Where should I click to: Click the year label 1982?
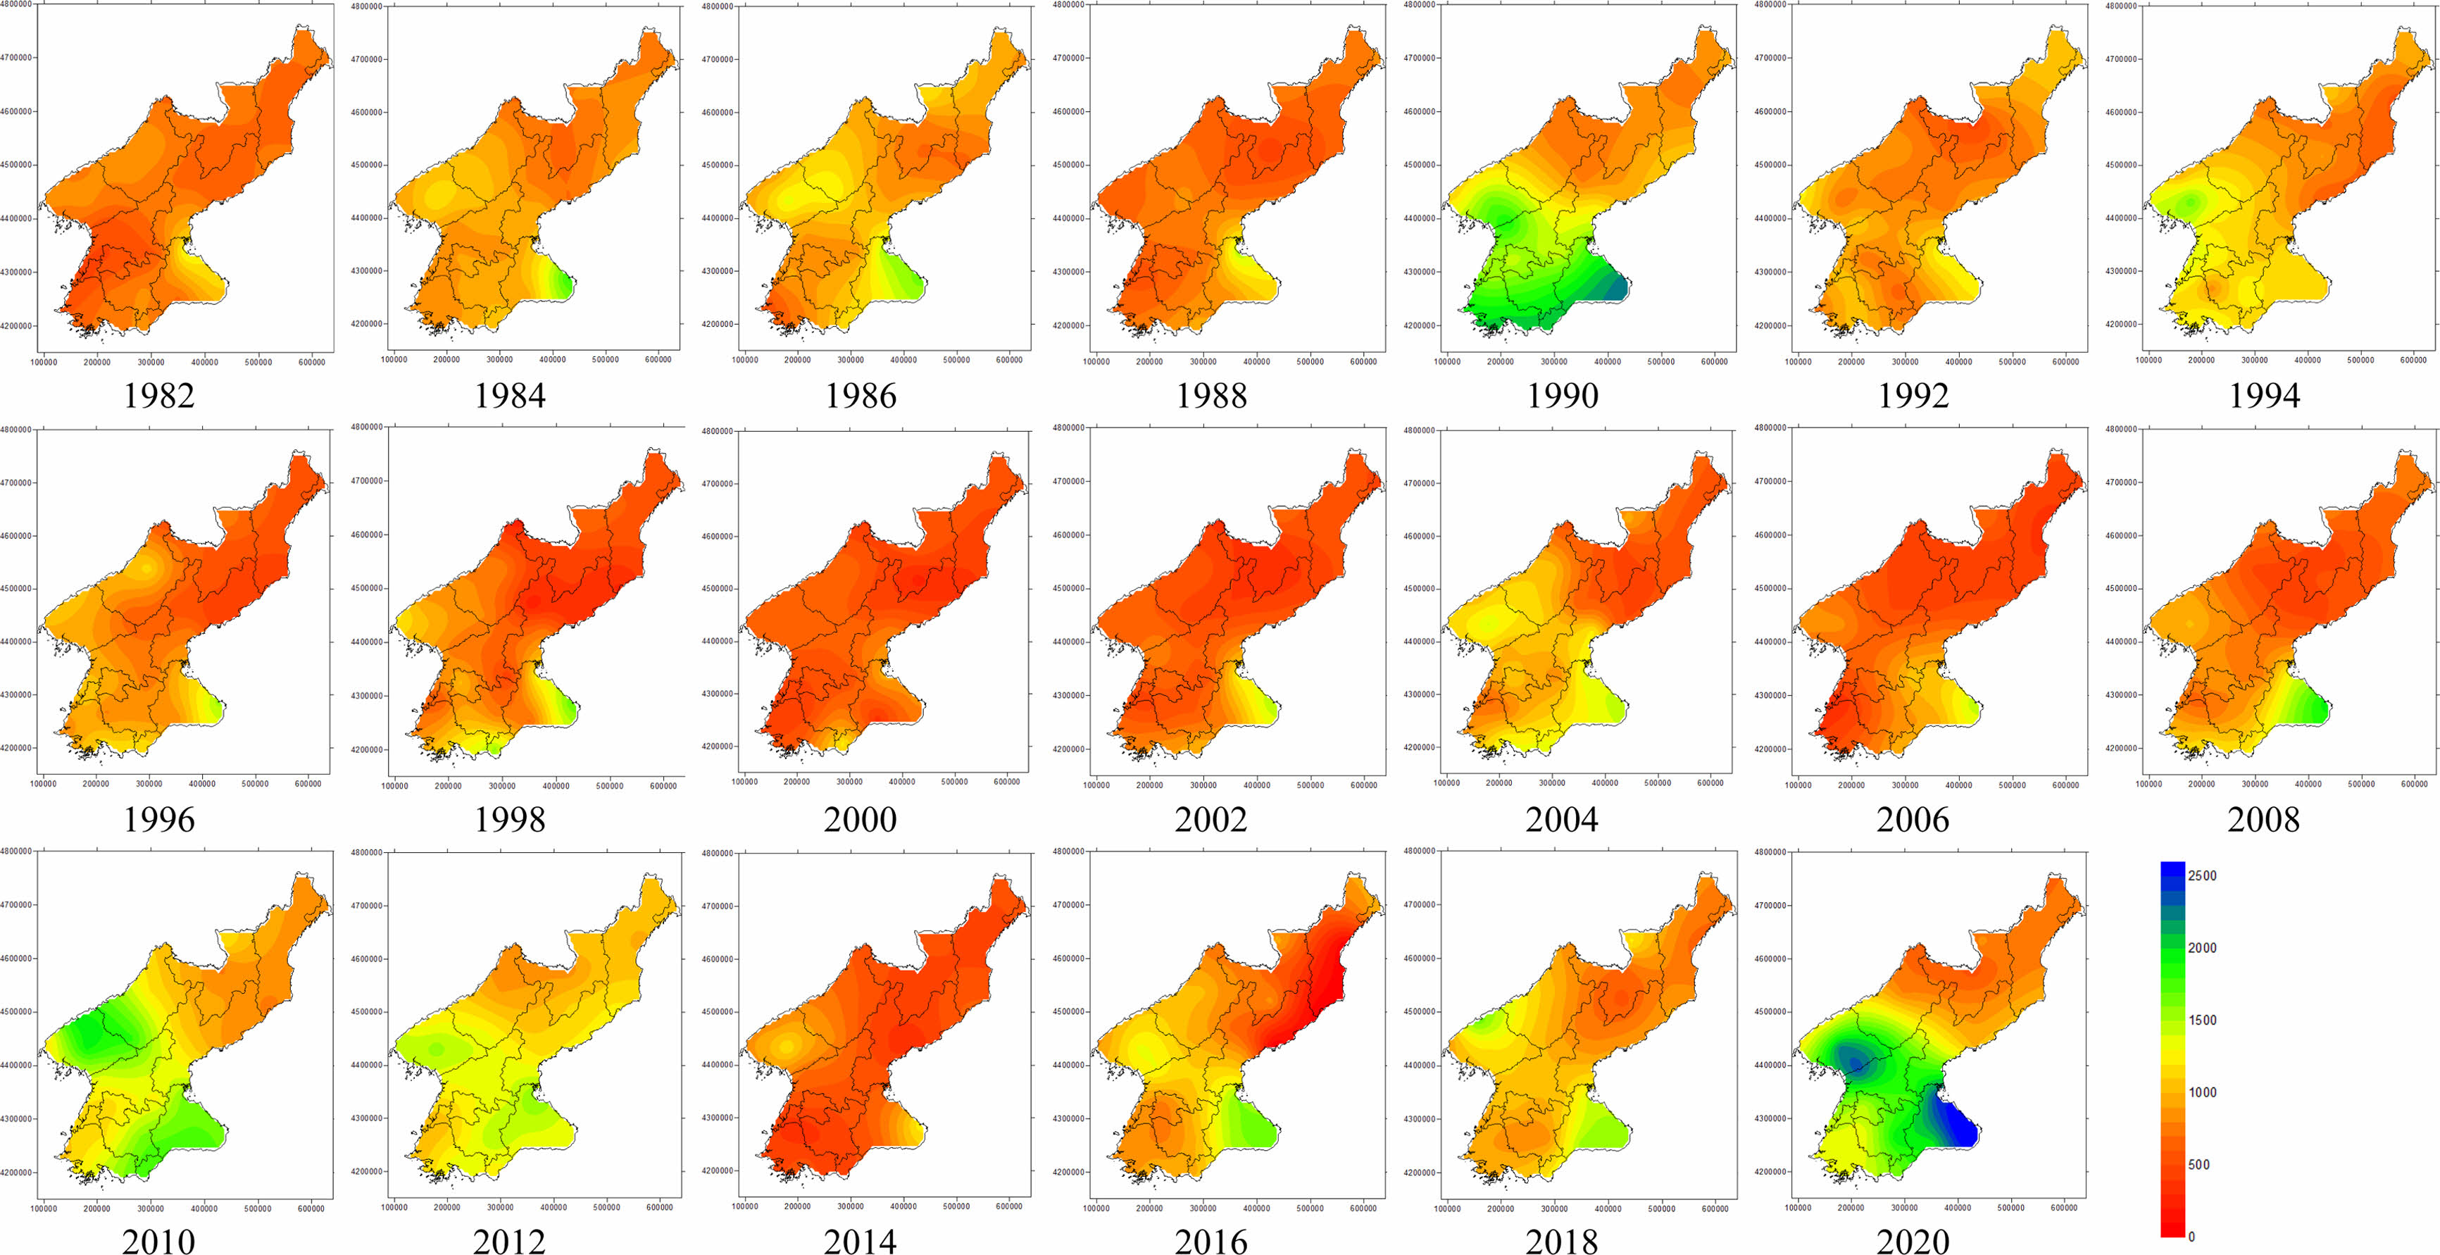[x=159, y=395]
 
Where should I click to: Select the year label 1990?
[x=1562, y=395]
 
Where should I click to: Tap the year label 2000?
[x=860, y=818]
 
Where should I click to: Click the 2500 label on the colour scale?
[x=2202, y=876]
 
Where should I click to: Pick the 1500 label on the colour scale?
[x=2202, y=1020]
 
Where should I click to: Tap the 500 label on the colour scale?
[x=2198, y=1165]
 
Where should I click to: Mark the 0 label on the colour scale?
[x=2191, y=1236]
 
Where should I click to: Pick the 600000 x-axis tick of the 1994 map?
[x=2413, y=360]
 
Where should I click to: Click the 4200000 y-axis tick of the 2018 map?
[x=1422, y=1173]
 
